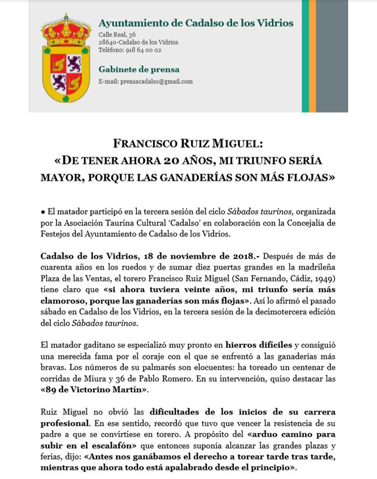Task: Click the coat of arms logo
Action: (x=67, y=59)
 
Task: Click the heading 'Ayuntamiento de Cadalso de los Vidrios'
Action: (x=196, y=23)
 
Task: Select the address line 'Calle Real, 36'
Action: (x=117, y=35)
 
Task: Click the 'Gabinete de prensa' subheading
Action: (x=139, y=69)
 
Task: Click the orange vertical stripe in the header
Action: (x=312, y=56)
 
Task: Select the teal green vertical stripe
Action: (x=305, y=56)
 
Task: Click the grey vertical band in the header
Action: (x=332, y=56)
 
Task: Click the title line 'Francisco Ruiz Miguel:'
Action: (x=188, y=145)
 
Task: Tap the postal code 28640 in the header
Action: (x=109, y=43)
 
